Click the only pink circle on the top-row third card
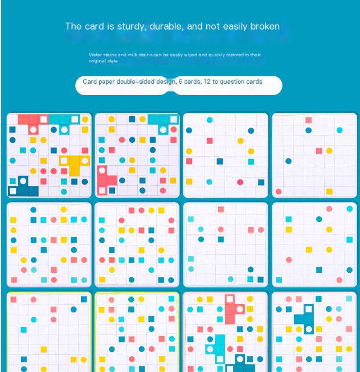click(x=240, y=182)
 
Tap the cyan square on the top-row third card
click(x=251, y=161)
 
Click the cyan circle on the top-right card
click(x=339, y=130)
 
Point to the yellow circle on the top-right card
click(x=329, y=150)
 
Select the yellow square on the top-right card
click(x=329, y=191)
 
